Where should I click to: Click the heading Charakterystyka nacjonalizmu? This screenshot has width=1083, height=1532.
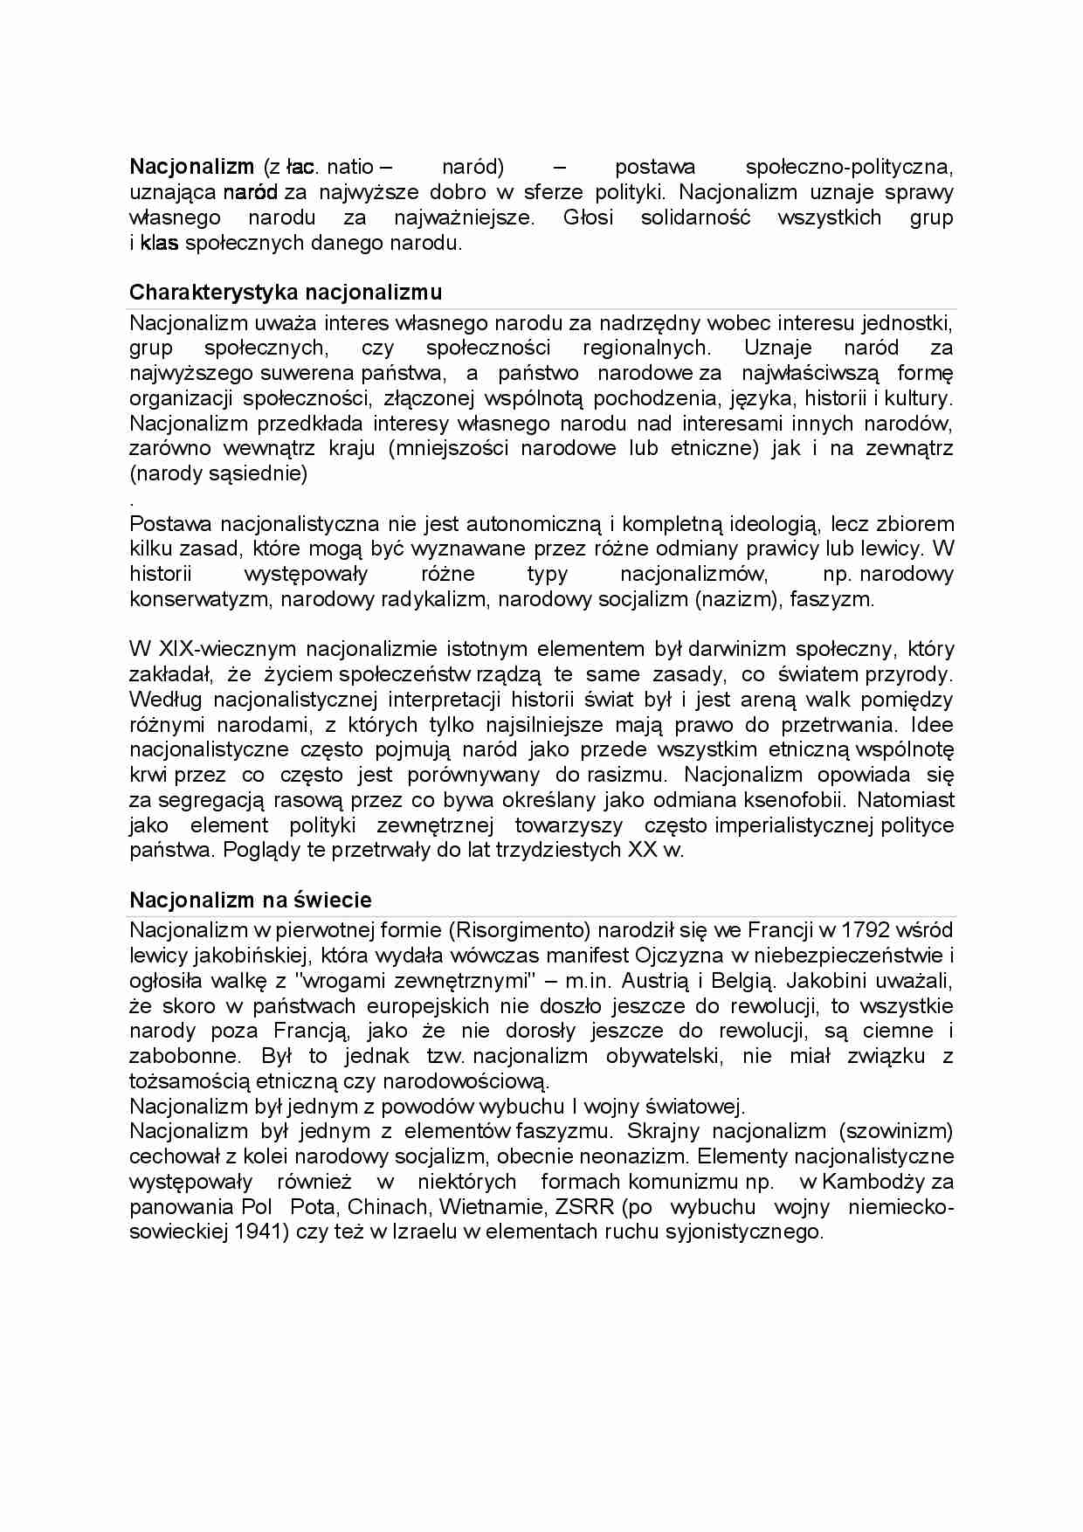tap(286, 292)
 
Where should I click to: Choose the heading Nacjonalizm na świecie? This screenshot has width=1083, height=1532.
tap(251, 900)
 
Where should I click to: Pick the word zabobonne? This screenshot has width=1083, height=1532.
tap(183, 1056)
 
